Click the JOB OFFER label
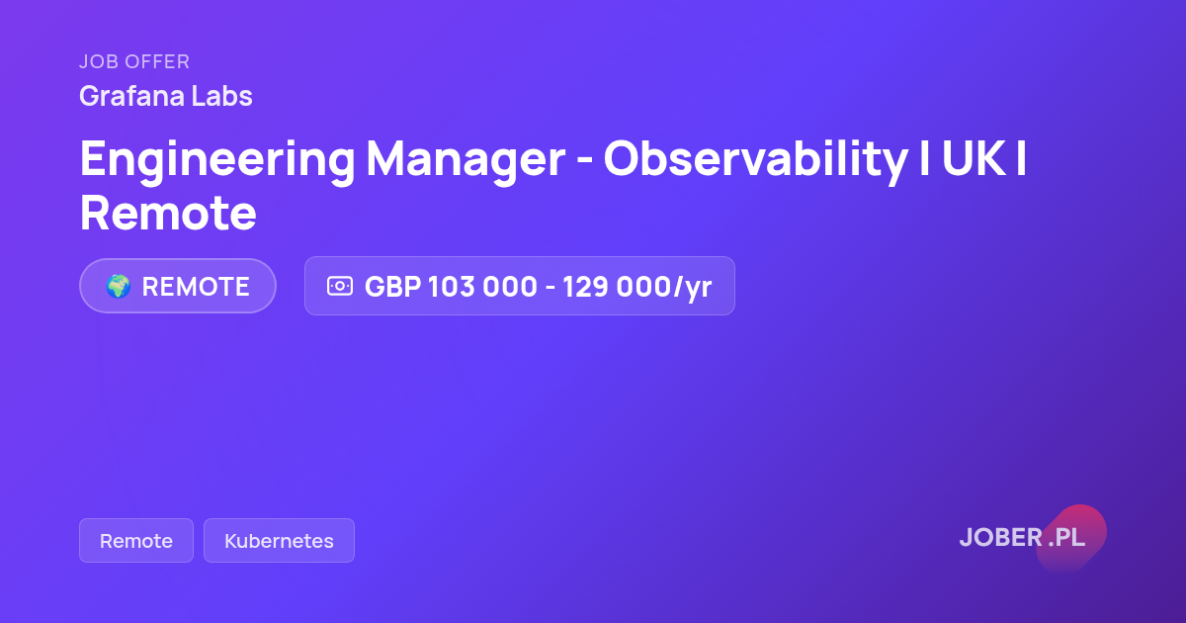click(134, 62)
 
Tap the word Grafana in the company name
click(131, 96)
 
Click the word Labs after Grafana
click(221, 96)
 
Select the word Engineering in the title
click(217, 160)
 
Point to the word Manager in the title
click(466, 160)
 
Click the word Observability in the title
click(755, 160)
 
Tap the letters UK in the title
click(974, 158)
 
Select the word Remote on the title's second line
click(168, 213)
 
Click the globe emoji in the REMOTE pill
click(118, 286)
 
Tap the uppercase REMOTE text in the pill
click(196, 287)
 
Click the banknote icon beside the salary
click(340, 286)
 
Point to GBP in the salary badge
click(393, 287)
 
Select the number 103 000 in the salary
click(483, 287)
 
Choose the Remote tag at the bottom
click(136, 540)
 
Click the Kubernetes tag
click(279, 540)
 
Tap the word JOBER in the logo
click(1001, 537)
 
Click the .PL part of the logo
click(1066, 537)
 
